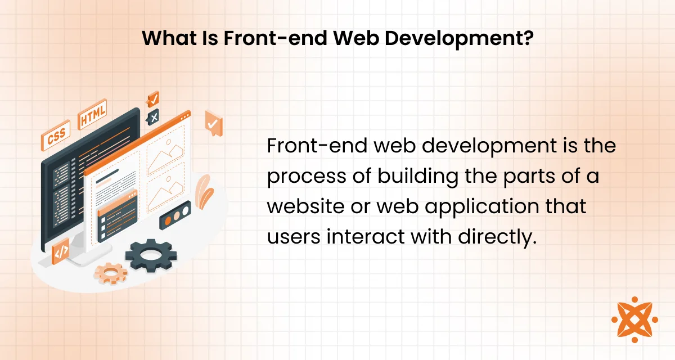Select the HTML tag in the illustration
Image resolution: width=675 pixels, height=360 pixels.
(x=92, y=114)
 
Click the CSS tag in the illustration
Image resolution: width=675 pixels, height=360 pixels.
(x=56, y=136)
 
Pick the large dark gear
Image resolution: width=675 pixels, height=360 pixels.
(x=151, y=255)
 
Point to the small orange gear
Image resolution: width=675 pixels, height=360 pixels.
(x=111, y=273)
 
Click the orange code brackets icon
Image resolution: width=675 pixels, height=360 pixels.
(x=61, y=251)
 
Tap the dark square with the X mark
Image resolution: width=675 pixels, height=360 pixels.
(x=153, y=117)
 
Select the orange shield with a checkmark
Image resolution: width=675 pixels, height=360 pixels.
(x=214, y=123)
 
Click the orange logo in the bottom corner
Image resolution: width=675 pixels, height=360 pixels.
(x=634, y=319)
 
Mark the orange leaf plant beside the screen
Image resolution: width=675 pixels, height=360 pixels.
(x=204, y=192)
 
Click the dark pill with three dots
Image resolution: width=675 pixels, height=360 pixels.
(x=175, y=215)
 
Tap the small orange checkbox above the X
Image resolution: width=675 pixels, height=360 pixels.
(x=153, y=99)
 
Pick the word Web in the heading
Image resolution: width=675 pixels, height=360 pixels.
(x=356, y=38)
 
